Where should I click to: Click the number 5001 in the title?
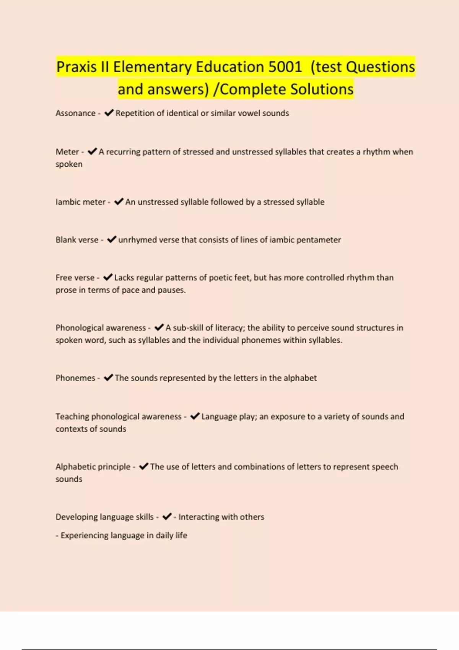[x=285, y=67]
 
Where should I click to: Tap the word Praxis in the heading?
[x=76, y=67]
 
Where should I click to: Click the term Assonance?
[x=75, y=113]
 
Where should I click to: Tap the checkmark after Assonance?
[x=109, y=113]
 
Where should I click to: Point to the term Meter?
[x=67, y=152]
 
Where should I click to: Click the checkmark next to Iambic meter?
[x=119, y=201]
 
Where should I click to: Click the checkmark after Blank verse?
[x=112, y=239]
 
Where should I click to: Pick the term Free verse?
[x=75, y=278]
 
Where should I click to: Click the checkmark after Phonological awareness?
[x=159, y=327]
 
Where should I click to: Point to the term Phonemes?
[x=75, y=378]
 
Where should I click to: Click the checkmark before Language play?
[x=195, y=416]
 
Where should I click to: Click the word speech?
[x=384, y=466]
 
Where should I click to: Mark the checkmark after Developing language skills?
[x=167, y=517]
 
